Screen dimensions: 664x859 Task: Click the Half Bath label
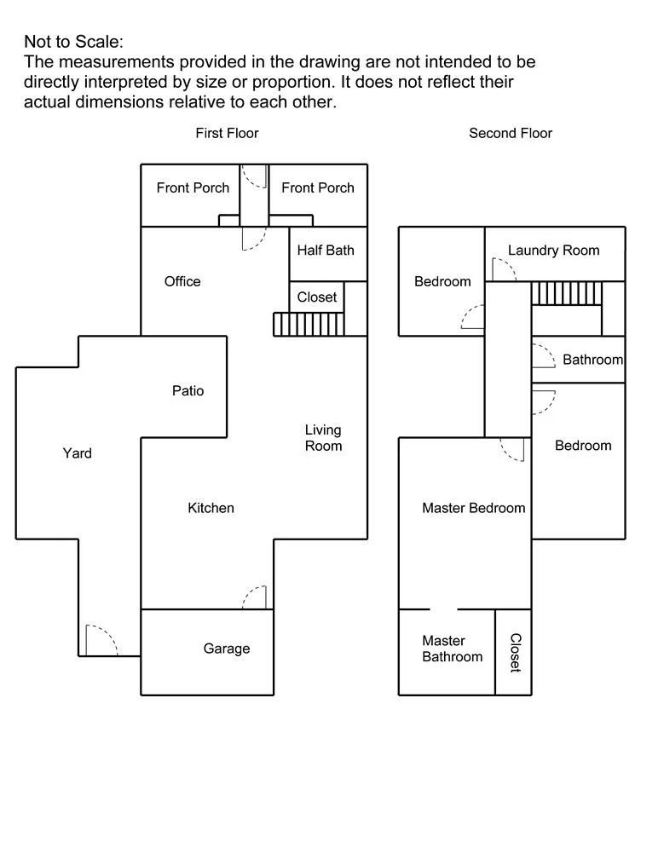point(326,251)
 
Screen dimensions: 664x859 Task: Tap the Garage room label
point(226,649)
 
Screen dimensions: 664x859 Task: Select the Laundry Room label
point(553,251)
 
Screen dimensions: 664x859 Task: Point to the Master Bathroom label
point(452,649)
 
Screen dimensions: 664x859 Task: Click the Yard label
point(78,453)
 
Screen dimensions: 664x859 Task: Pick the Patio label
point(188,390)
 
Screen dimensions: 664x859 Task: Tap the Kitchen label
point(211,508)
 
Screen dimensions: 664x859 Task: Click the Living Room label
point(323,438)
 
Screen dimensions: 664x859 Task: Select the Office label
point(182,281)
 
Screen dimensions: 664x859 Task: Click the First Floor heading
point(227,133)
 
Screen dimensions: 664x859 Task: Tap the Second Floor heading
point(511,133)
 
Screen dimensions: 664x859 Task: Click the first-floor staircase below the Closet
point(309,325)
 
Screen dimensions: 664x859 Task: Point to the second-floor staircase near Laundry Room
point(567,293)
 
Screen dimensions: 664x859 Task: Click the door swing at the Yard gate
point(102,640)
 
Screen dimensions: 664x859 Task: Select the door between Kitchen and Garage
point(255,597)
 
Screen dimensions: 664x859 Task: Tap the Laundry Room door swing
point(504,269)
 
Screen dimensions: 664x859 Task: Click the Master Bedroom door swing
point(512,449)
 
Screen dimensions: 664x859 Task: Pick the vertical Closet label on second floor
point(516,653)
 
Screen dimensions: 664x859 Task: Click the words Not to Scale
point(74,42)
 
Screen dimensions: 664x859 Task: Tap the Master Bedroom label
point(473,508)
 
